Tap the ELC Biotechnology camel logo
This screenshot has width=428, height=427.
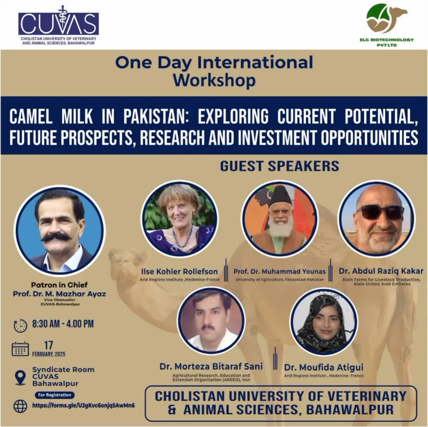[x=386, y=19]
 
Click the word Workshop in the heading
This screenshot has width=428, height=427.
[x=214, y=80]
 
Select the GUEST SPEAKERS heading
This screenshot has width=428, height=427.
[x=279, y=166]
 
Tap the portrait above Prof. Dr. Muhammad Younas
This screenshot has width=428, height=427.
[x=279, y=219]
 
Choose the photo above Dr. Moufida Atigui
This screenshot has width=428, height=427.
[x=324, y=322]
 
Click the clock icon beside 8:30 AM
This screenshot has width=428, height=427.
[x=21, y=326]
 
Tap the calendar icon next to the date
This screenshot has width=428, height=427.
[x=20, y=349]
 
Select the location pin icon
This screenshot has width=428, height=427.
[x=20, y=378]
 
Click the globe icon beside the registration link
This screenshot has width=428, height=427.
[x=20, y=406]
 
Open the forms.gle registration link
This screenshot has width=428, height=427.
[x=84, y=406]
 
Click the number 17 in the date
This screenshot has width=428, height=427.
[x=49, y=345]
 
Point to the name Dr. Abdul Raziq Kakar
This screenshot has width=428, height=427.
[x=381, y=271]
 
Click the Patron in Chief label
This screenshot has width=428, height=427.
[x=59, y=285]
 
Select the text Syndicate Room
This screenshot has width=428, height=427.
[x=63, y=370]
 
